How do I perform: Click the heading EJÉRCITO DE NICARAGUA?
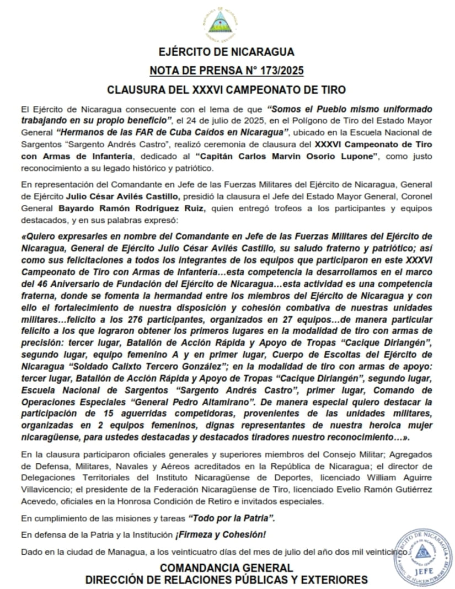[226, 52]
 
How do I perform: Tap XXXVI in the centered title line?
[206, 89]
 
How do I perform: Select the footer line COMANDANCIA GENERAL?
[226, 567]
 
